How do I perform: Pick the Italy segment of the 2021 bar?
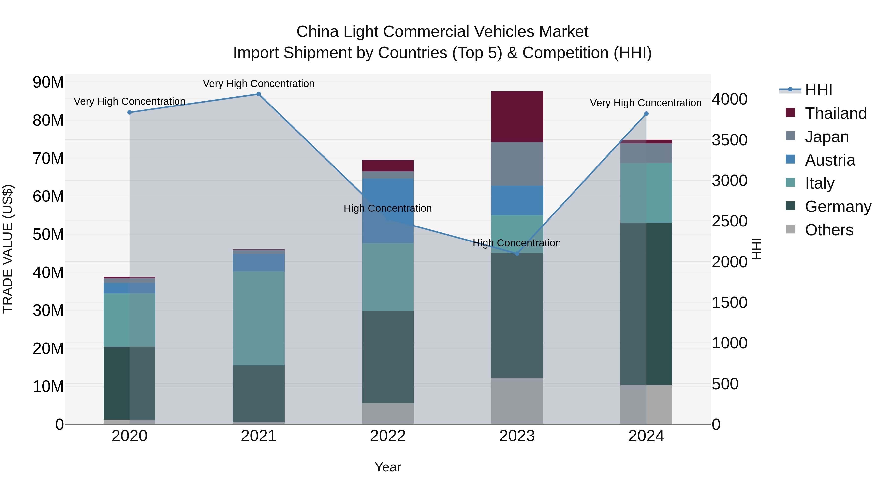point(258,318)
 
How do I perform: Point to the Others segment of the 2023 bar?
point(517,401)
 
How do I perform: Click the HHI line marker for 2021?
point(258,94)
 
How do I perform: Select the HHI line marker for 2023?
point(517,254)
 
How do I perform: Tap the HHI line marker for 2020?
point(130,112)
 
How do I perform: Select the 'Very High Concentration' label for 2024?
point(646,103)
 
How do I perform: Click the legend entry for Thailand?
point(836,113)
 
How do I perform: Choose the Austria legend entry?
point(830,160)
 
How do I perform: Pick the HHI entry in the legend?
point(818,90)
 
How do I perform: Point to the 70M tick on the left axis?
point(48,158)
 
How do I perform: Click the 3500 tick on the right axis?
point(729,140)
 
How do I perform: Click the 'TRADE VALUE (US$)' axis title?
point(8,249)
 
